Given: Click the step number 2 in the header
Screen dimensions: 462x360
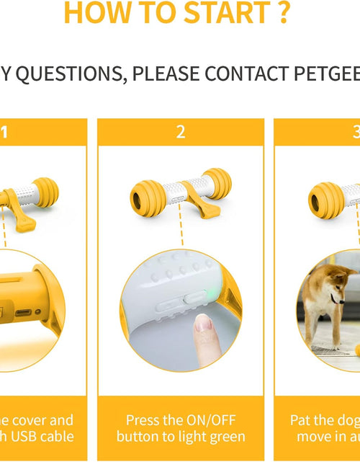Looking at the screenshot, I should (x=181, y=131).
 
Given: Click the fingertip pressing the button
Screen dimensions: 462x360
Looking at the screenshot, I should (x=205, y=329).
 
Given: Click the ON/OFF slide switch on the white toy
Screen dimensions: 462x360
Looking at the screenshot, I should (x=194, y=292).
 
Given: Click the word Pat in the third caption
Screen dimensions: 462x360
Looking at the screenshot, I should (x=302, y=420).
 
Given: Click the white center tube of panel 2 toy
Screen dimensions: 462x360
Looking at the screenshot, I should (x=181, y=190).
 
